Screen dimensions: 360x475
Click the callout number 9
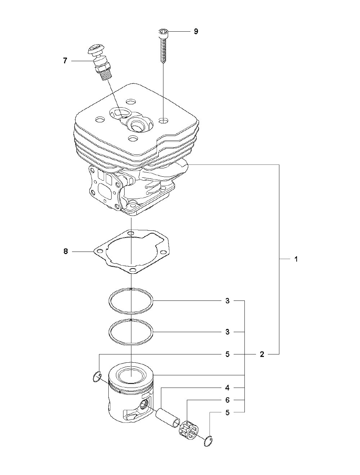click(196, 32)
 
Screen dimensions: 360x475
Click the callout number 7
click(65, 61)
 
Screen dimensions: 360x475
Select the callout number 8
click(66, 252)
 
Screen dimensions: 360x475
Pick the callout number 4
click(227, 388)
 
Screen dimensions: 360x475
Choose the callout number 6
click(227, 400)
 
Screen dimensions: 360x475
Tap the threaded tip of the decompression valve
click(106, 75)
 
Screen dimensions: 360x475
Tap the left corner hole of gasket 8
click(100, 252)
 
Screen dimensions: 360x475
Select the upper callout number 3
click(227, 301)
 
